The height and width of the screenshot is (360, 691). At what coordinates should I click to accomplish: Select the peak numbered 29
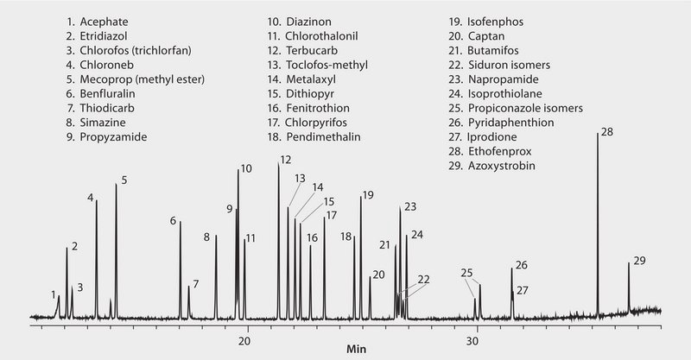pyautogui.click(x=629, y=289)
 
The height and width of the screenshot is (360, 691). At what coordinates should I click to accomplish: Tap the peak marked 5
pyautogui.click(x=117, y=250)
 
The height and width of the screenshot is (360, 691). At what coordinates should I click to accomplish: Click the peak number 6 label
pyautogui.click(x=174, y=222)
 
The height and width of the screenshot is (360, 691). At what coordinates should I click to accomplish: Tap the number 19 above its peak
pyautogui.click(x=368, y=195)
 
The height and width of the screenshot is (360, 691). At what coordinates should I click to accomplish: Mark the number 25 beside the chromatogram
pyautogui.click(x=466, y=273)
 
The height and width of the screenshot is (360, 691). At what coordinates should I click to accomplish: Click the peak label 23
pyautogui.click(x=410, y=206)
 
